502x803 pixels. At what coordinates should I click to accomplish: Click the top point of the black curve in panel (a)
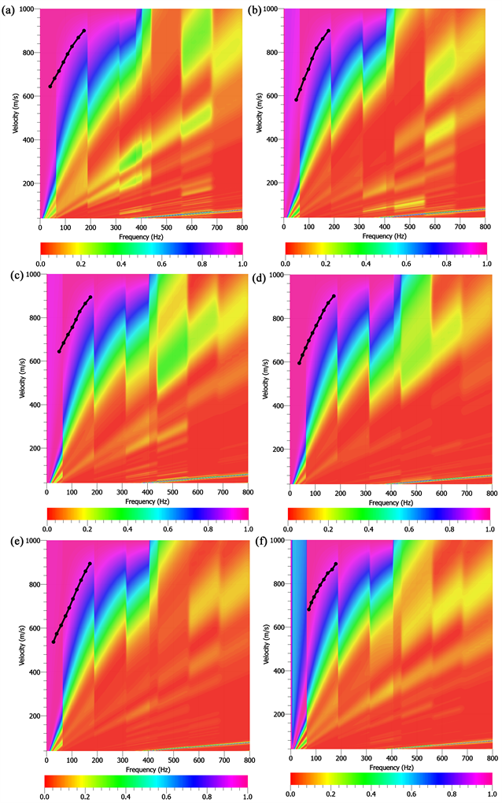click(83, 31)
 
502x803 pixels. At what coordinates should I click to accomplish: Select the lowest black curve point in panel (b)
click(297, 100)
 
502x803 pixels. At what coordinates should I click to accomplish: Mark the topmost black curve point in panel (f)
click(336, 564)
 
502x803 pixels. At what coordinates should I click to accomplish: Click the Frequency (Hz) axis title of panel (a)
click(141, 236)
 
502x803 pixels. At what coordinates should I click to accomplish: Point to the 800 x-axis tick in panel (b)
click(485, 227)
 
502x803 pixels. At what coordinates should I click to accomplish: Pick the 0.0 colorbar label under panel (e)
click(46, 797)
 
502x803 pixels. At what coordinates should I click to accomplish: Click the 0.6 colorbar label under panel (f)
click(409, 797)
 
